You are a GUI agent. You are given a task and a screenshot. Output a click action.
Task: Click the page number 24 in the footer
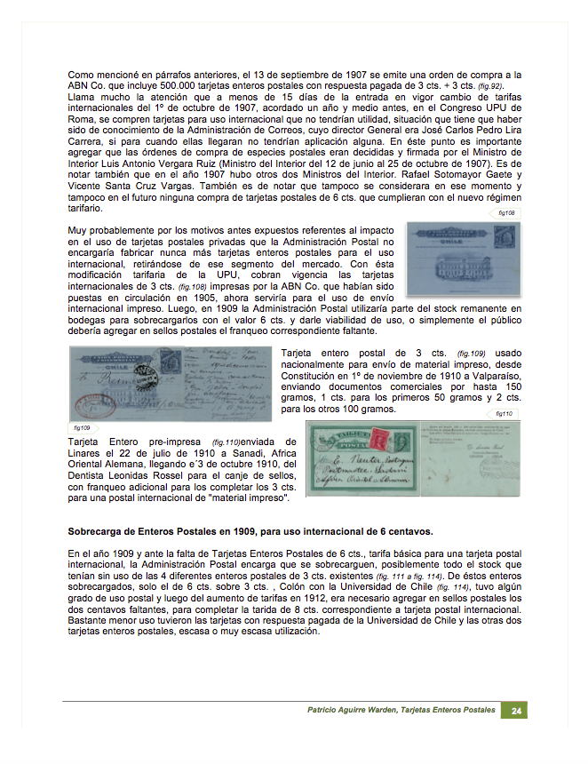515,711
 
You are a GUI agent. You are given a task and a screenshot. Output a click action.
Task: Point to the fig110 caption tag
505,414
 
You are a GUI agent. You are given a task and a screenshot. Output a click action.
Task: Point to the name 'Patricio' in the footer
327,711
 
